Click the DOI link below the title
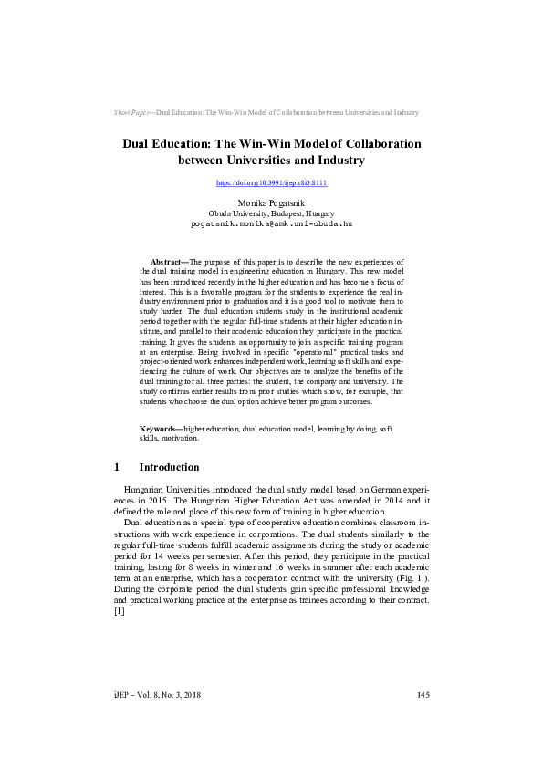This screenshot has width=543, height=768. point(271,183)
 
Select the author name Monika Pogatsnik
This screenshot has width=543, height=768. point(271,202)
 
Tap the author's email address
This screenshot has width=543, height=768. point(271,223)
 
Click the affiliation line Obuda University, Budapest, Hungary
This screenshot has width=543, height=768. point(271,212)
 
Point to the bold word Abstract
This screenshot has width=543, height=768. point(168,261)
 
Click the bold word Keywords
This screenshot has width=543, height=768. point(160,428)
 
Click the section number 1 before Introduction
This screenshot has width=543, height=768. point(117,467)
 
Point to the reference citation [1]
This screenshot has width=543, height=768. point(119,610)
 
